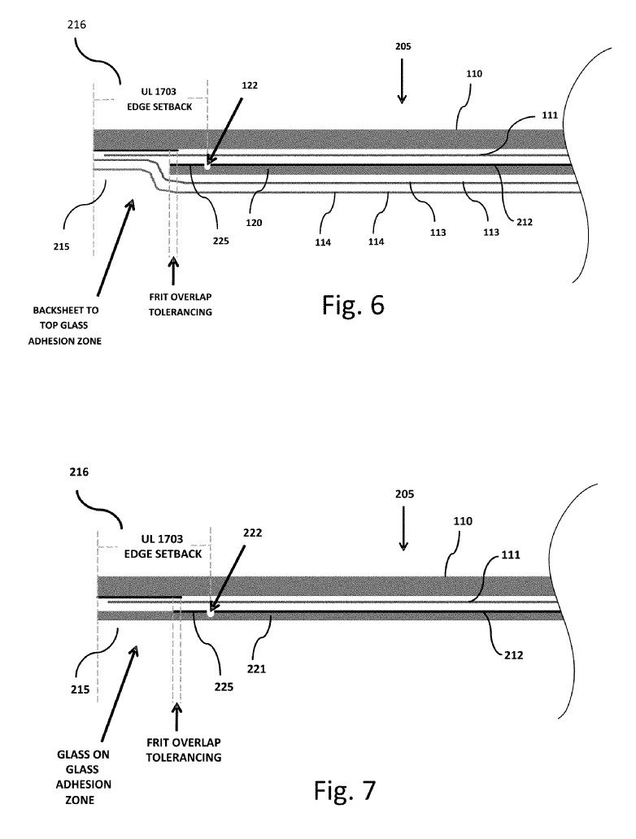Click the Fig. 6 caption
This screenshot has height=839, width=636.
[353, 304]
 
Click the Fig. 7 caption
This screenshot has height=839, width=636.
[345, 790]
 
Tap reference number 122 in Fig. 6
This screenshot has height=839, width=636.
[250, 85]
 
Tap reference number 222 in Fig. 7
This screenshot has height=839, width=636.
[253, 533]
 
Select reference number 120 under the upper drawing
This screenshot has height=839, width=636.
[254, 223]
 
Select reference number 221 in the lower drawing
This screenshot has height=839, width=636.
[256, 668]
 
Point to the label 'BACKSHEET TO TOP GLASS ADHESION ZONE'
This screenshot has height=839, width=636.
[65, 325]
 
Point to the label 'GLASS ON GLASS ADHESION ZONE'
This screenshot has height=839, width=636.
[84, 777]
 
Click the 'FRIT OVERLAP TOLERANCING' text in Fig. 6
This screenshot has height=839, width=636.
[181, 304]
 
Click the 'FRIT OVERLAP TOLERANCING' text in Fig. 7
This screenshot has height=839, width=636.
[184, 750]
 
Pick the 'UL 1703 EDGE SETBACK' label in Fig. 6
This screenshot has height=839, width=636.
[159, 99]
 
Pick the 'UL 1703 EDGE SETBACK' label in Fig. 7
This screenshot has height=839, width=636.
[163, 546]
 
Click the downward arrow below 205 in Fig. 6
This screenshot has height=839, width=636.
[402, 80]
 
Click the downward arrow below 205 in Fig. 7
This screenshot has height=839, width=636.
[403, 528]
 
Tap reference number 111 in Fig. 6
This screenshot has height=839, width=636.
[550, 115]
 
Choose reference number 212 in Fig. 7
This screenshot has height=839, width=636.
[513, 655]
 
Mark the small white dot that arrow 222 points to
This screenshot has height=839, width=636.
[211, 613]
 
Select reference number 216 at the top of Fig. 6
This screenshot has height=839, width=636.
[76, 24]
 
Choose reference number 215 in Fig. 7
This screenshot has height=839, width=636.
[81, 689]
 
